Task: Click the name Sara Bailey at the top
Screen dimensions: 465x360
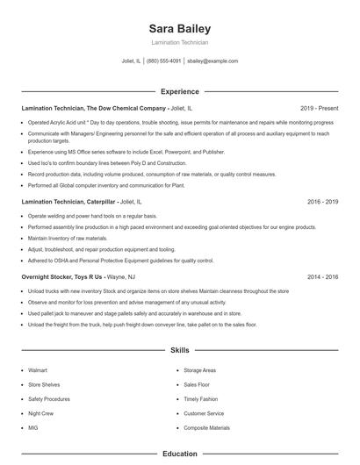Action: pos(179,29)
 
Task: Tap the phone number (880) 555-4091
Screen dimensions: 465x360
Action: pos(164,61)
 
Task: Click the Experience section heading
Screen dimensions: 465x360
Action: pos(179,91)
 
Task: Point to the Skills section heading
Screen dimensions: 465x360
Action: pos(179,350)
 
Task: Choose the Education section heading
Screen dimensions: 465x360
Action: pos(179,454)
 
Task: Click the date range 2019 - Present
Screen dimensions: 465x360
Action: pos(319,108)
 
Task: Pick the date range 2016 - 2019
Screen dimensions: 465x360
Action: pos(322,202)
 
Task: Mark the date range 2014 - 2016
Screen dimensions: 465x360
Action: pos(322,276)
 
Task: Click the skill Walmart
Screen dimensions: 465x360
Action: pos(40,371)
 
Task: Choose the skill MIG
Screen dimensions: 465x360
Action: pos(34,427)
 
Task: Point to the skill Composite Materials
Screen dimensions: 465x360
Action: pos(206,427)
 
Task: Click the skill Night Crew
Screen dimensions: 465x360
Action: pos(41,413)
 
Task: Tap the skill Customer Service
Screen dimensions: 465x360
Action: pos(204,413)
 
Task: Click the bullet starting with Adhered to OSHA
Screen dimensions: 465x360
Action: pos(120,261)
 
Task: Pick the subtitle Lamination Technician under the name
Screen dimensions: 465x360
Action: pos(179,43)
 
